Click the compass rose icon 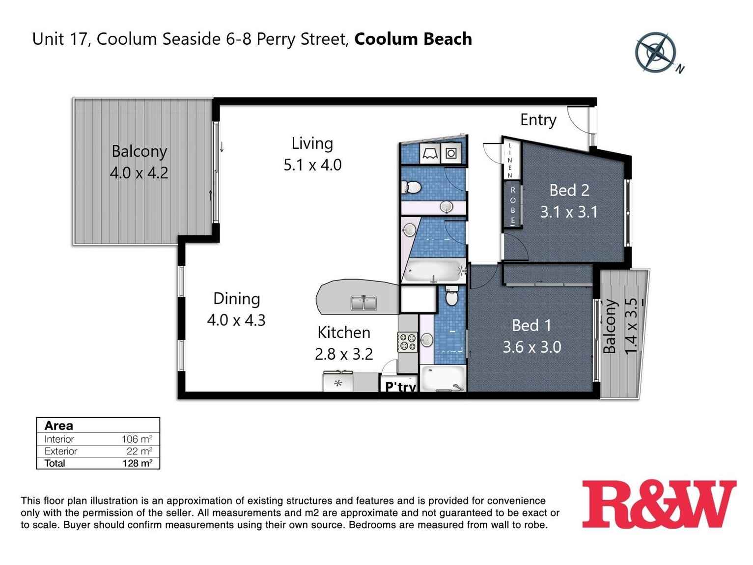click(x=656, y=53)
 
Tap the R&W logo click(x=659, y=505)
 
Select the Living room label click(x=312, y=143)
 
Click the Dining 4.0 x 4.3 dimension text click(x=236, y=320)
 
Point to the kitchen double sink click(x=363, y=303)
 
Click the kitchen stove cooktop click(x=407, y=342)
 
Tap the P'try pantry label click(x=400, y=387)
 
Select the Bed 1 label click(x=531, y=325)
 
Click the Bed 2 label click(x=569, y=190)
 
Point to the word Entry click(x=538, y=120)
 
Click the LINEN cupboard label click(x=510, y=160)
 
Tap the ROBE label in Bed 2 click(x=513, y=205)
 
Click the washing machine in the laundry click(x=451, y=154)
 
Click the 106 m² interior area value click(x=137, y=439)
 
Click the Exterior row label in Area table click(x=60, y=451)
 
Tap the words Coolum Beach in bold click(x=413, y=39)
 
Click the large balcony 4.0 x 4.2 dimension click(x=139, y=173)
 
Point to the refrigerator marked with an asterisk click(x=338, y=383)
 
